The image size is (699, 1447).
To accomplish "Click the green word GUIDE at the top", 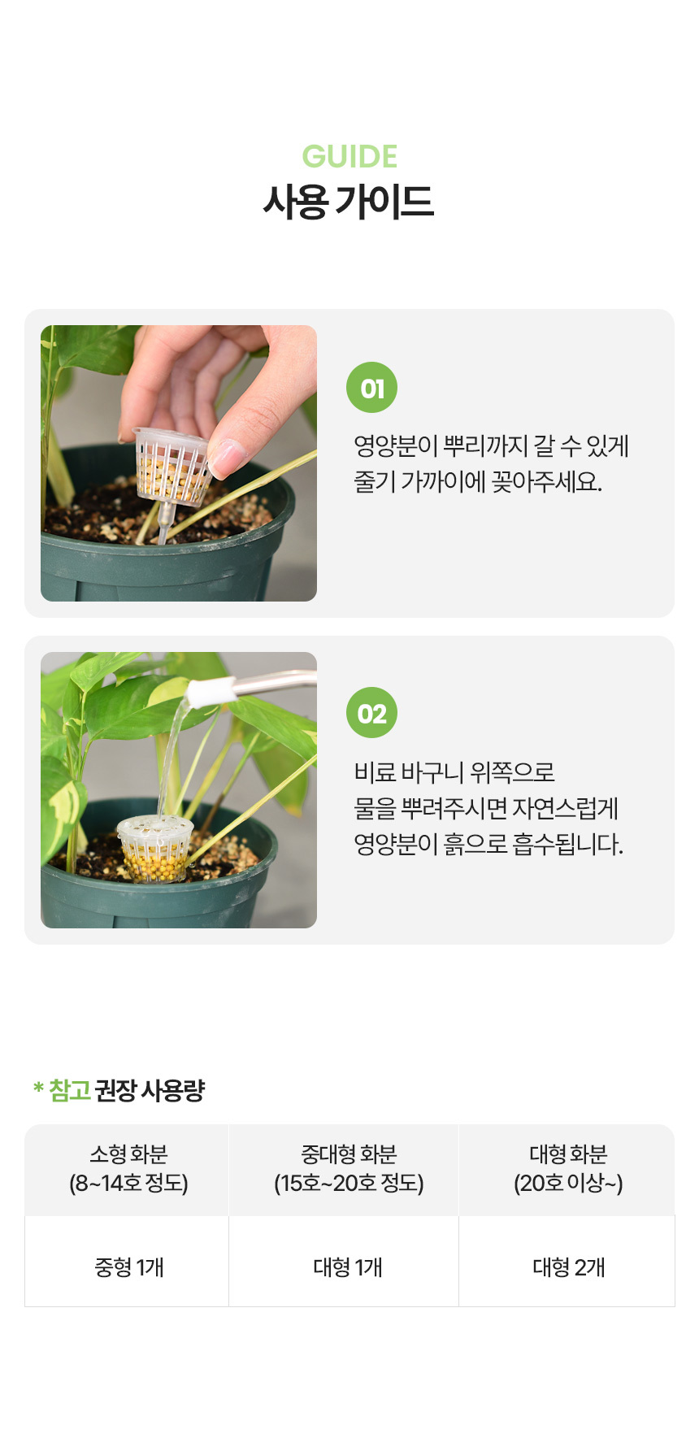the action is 349,156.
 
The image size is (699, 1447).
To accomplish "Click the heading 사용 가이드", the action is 349,202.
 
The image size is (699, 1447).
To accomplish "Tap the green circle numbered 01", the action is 372,388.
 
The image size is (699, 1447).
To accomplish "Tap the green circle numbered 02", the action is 372,713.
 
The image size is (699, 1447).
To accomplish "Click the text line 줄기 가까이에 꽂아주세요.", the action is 478,481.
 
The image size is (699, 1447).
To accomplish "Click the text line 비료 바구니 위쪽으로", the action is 454,771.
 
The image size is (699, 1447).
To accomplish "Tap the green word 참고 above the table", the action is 70,1090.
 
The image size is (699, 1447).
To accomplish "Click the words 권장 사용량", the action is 150,1090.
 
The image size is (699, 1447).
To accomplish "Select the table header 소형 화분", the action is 128,1154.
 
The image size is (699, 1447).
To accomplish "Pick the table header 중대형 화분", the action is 349,1154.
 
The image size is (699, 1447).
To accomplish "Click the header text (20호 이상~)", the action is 568,1183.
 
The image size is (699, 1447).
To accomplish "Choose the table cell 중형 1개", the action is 129,1267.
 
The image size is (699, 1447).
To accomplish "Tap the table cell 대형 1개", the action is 348,1267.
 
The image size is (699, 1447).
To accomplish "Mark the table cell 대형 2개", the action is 569,1267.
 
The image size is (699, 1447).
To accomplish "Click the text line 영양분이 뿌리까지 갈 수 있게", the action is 491,445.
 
